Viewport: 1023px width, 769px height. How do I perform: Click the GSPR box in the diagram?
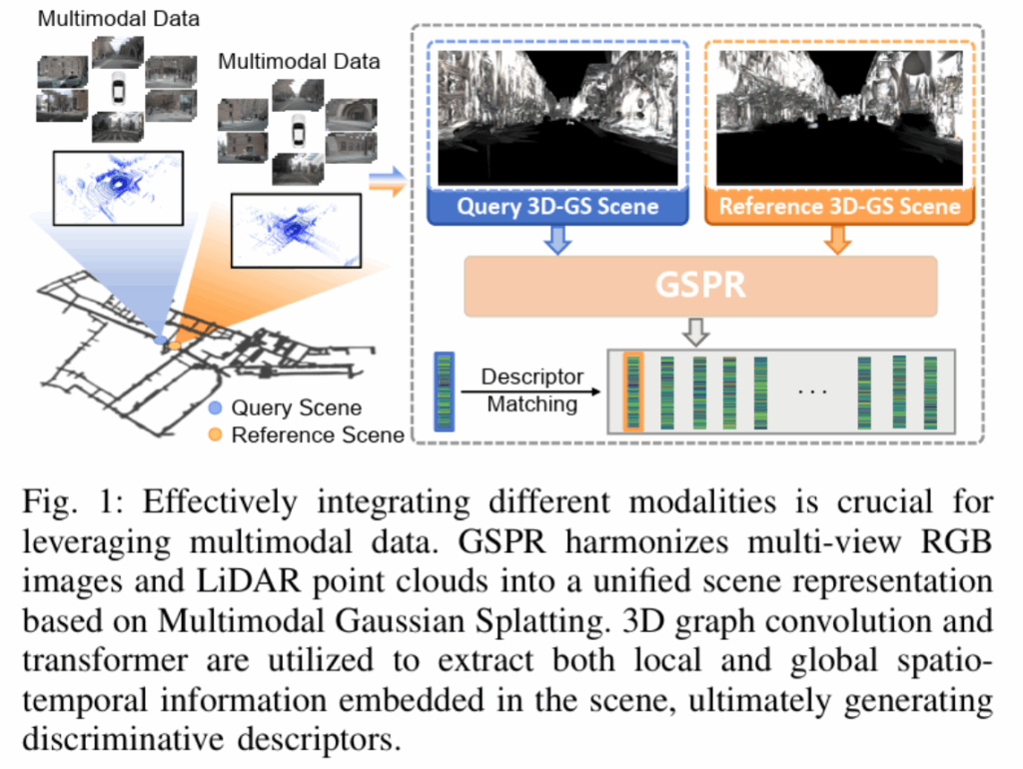coord(700,286)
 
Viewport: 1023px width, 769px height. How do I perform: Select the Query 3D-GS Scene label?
coord(557,207)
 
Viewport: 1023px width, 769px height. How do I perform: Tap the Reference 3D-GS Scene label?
coord(839,207)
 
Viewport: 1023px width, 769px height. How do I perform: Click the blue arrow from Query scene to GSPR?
coord(557,240)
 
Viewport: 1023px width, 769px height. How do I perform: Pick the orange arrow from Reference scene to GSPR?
coord(839,240)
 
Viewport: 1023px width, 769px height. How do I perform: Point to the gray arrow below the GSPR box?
coord(700,330)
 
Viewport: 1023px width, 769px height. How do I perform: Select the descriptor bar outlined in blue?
coord(444,390)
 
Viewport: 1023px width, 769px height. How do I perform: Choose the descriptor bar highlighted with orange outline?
coord(632,390)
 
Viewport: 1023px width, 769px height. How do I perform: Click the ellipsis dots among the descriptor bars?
coord(812,390)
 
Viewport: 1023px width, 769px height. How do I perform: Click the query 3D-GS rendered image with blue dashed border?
coord(557,117)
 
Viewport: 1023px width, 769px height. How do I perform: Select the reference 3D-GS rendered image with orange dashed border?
coord(839,117)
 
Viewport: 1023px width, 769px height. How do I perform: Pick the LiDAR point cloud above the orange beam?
coord(295,230)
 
